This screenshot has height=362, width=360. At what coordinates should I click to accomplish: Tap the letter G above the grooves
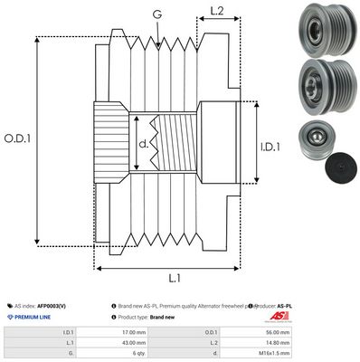tap(158, 14)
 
